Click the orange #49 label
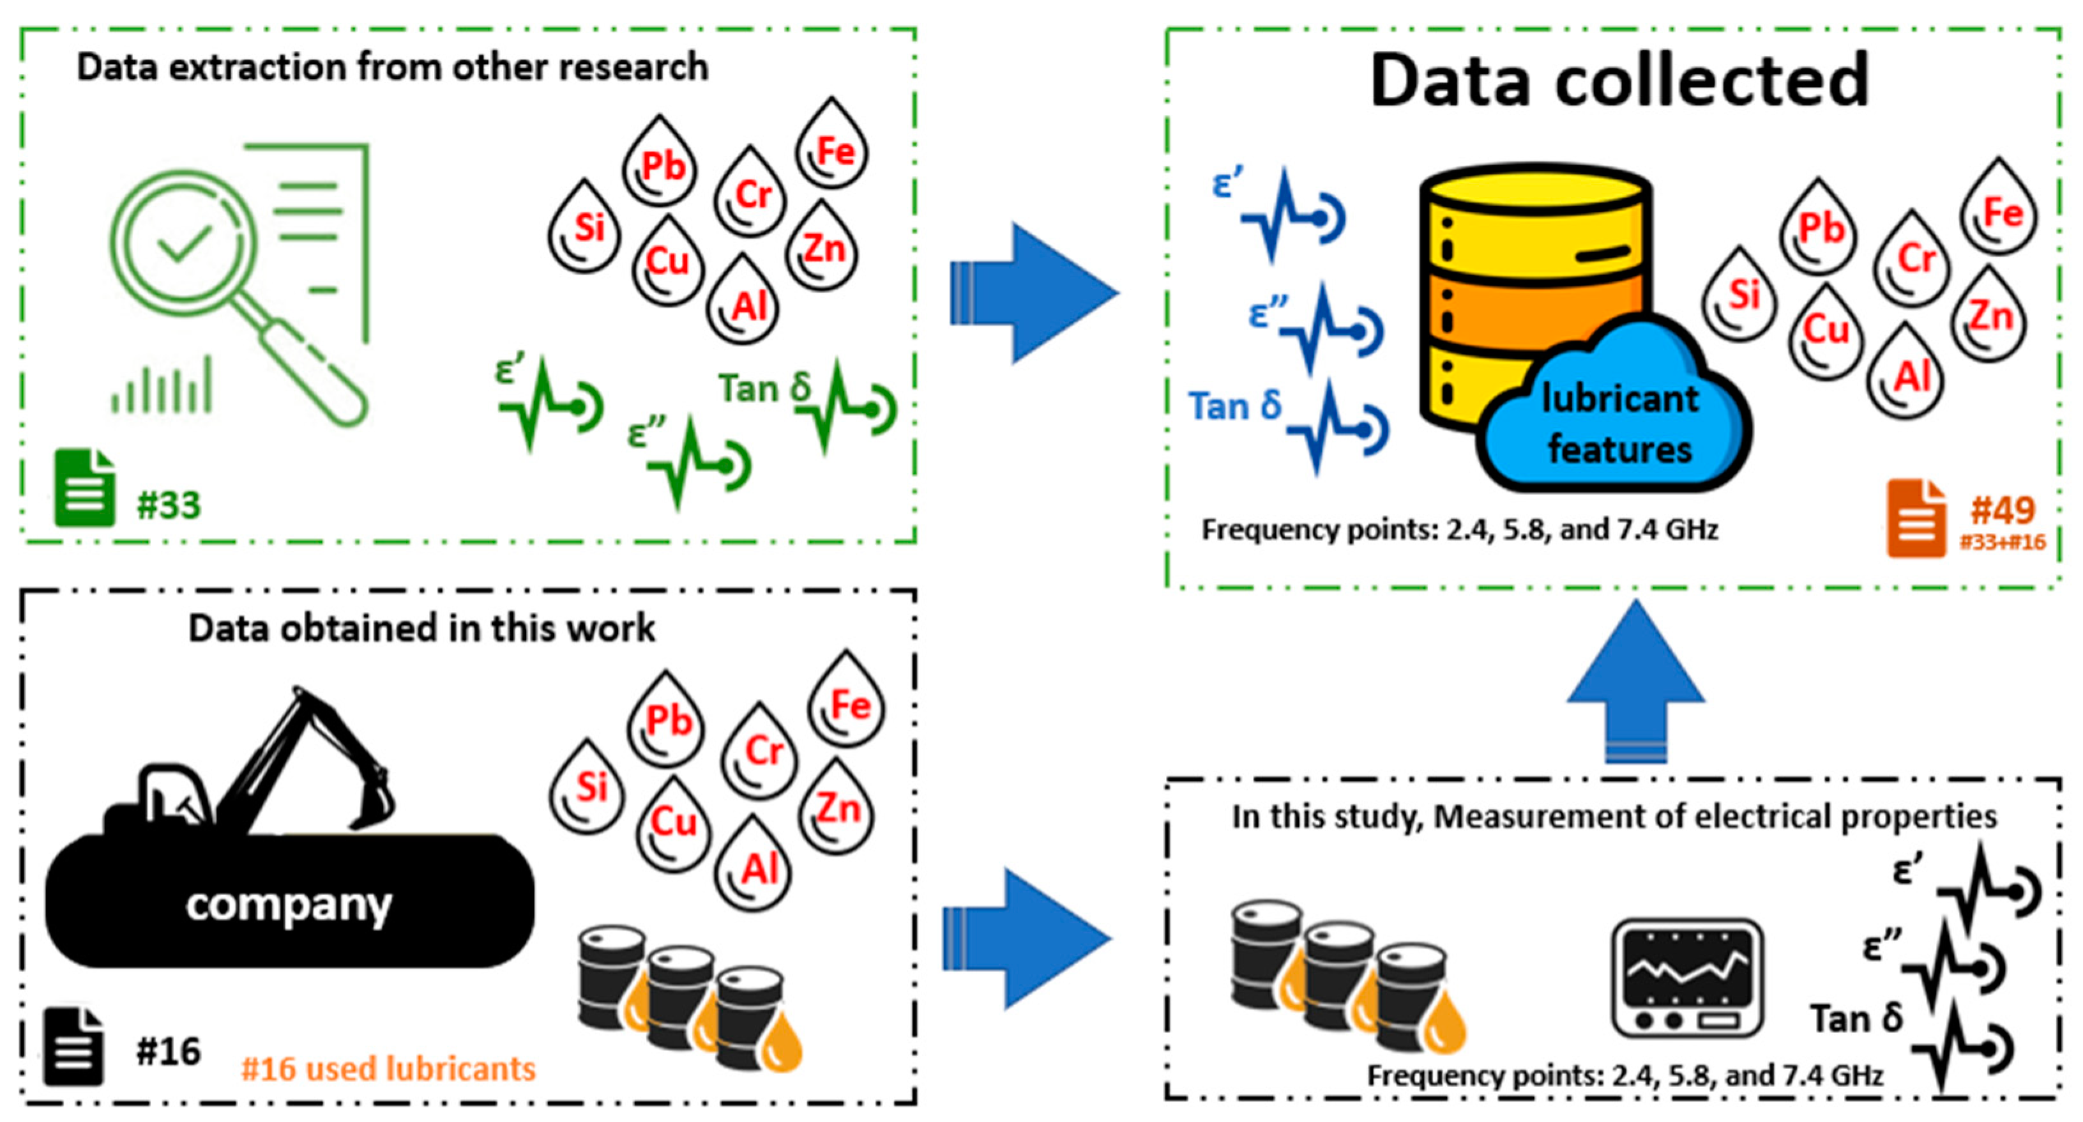point(2002,511)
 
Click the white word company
point(289,904)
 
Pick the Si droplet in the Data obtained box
point(588,787)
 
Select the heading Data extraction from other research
point(392,67)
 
